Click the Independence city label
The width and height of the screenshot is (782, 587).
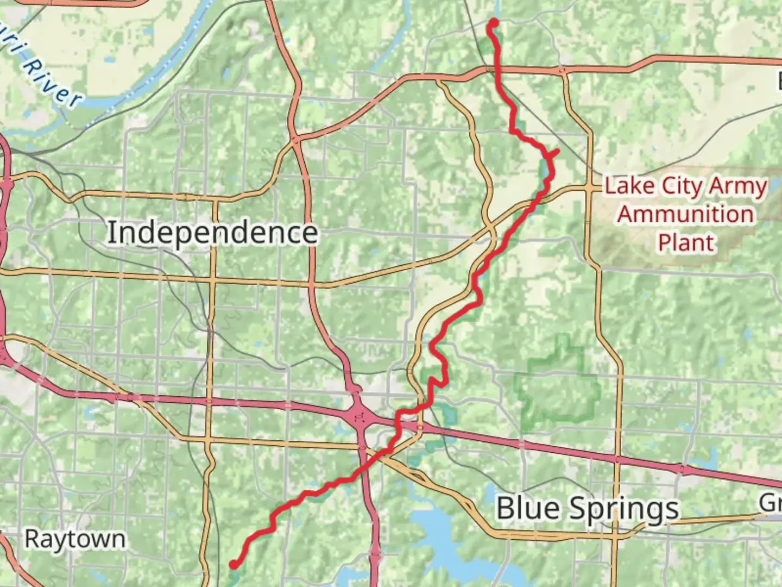[x=212, y=233]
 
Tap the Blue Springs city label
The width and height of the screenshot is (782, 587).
[x=588, y=509]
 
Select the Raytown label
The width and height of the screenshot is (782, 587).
[x=75, y=539]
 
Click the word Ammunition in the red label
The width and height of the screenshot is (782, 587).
[x=685, y=214]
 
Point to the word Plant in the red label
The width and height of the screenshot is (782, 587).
[x=686, y=242]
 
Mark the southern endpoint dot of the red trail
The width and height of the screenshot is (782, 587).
[x=234, y=564]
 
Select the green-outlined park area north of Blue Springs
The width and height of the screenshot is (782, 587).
[x=557, y=386]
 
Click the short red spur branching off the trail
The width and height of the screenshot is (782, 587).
[x=554, y=153]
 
